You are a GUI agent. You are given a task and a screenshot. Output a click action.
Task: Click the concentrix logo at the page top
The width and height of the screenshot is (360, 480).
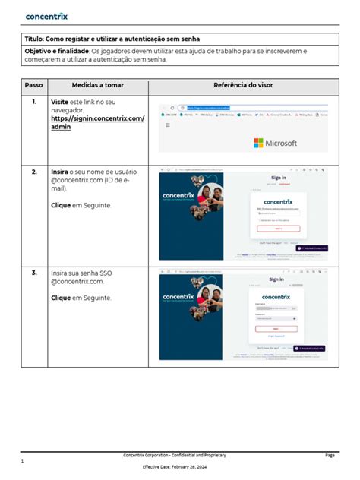[x=48, y=15]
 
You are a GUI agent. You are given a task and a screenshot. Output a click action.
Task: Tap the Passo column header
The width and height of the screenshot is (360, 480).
[x=33, y=85]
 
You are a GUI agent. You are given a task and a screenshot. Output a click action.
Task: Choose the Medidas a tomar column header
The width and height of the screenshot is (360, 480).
[x=96, y=85]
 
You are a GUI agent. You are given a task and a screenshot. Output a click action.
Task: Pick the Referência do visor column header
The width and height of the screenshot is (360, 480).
[x=242, y=85]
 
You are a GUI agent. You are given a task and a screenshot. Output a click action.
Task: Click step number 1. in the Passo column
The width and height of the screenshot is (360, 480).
[x=34, y=101]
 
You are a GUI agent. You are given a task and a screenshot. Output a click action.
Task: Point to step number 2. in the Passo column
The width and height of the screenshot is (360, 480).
[x=34, y=172]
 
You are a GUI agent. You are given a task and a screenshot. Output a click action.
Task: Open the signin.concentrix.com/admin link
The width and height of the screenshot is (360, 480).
[x=96, y=123]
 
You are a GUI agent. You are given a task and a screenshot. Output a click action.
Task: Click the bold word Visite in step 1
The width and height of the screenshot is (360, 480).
[x=59, y=101]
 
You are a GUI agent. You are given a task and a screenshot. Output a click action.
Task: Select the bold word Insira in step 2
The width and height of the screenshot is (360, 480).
[x=60, y=172]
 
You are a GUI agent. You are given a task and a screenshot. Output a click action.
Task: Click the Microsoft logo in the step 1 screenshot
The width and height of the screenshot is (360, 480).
[x=275, y=143]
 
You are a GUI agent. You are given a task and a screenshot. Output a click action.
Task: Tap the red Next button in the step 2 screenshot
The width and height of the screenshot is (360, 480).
[x=278, y=228]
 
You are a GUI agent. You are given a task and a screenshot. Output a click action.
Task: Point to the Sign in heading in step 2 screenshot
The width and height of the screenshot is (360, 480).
[x=278, y=178]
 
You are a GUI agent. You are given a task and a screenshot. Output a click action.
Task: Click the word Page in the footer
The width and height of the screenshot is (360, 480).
[x=330, y=455]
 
